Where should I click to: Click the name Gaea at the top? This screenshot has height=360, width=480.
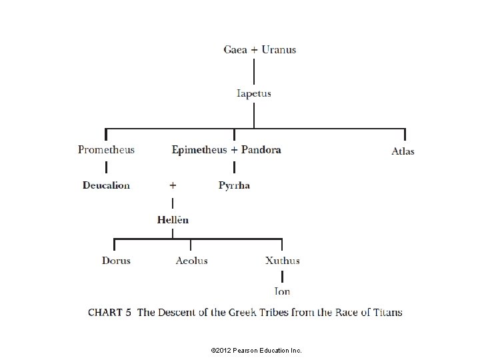(235, 49)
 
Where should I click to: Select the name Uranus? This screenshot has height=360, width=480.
(279, 49)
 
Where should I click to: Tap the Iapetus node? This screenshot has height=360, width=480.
(254, 93)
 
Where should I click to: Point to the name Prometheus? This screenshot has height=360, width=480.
(106, 149)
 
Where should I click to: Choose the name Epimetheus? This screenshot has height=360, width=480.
(199, 149)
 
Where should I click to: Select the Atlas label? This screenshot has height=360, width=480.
(403, 151)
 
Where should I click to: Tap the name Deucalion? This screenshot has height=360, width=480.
(106, 185)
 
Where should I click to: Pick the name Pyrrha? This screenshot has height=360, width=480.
(234, 185)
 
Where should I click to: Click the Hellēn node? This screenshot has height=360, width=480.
(173, 219)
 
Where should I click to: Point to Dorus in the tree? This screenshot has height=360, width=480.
(116, 261)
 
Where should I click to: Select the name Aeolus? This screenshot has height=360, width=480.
(191, 261)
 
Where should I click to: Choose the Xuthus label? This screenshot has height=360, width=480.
(282, 261)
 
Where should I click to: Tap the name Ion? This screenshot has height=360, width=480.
(282, 291)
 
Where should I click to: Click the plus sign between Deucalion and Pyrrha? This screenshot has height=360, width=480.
(173, 184)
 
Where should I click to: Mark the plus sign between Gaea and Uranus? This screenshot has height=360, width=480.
(254, 49)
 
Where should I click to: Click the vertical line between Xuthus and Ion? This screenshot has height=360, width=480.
(282, 276)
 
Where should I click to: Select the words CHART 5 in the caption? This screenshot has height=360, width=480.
(110, 312)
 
